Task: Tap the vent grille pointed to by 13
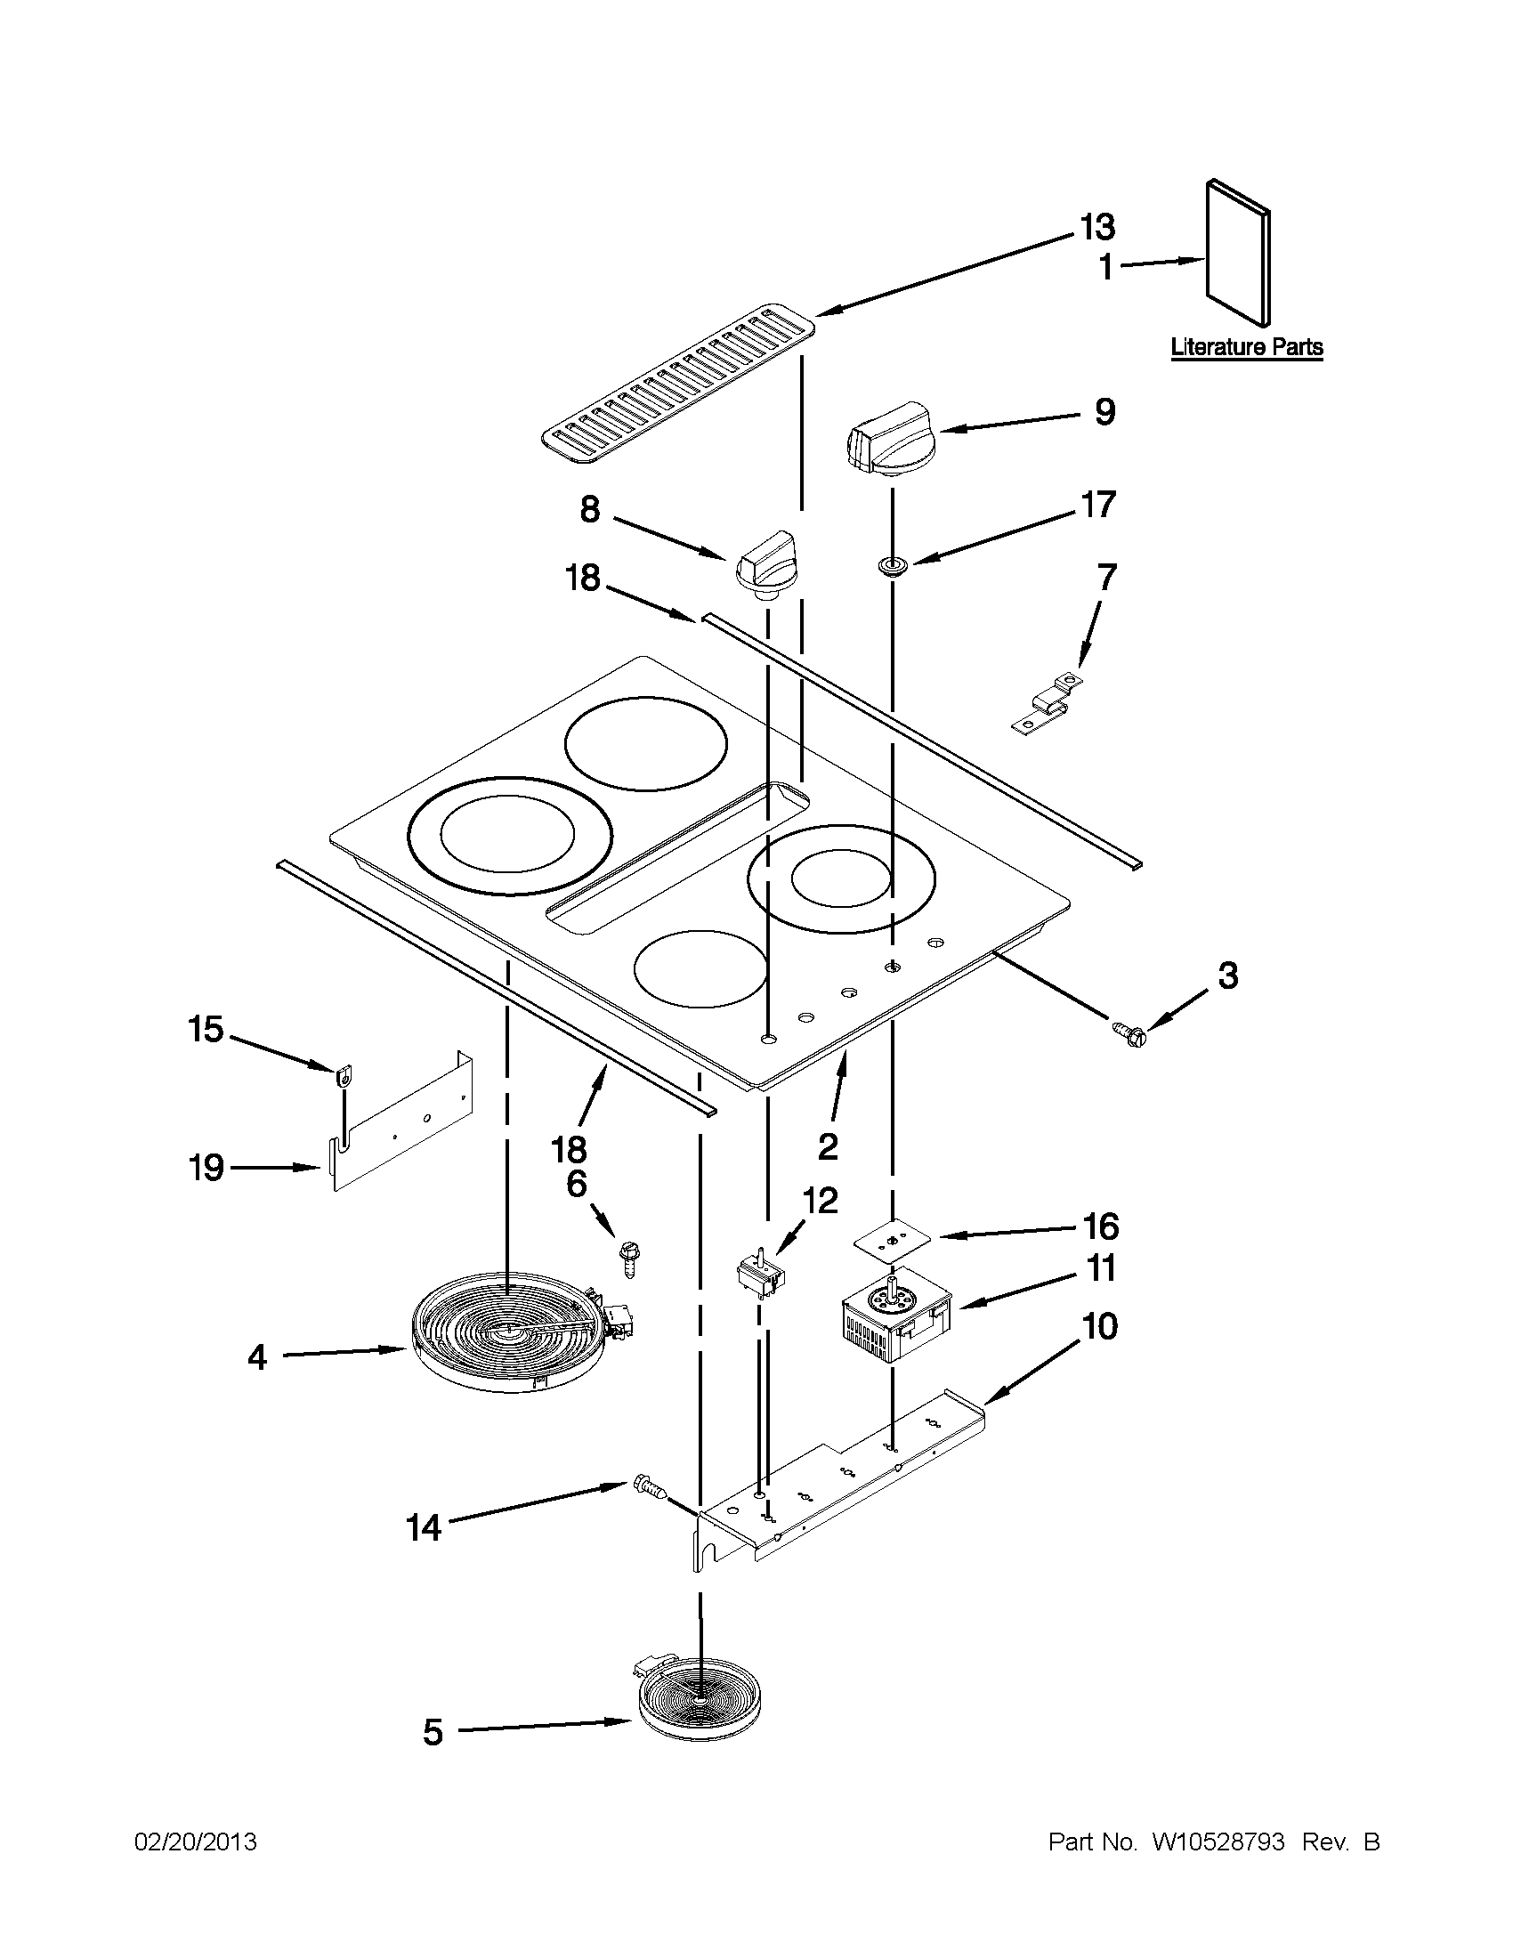(x=680, y=385)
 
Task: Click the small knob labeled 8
(x=765, y=562)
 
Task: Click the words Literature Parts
(x=1247, y=347)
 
